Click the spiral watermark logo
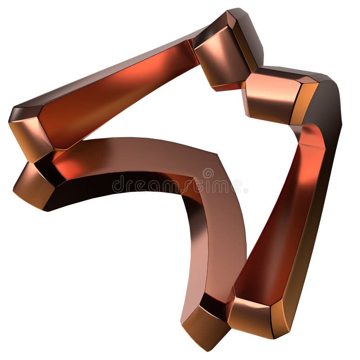pos(208,173)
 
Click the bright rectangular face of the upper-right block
pos(269,97)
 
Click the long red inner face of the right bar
pos(279,225)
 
